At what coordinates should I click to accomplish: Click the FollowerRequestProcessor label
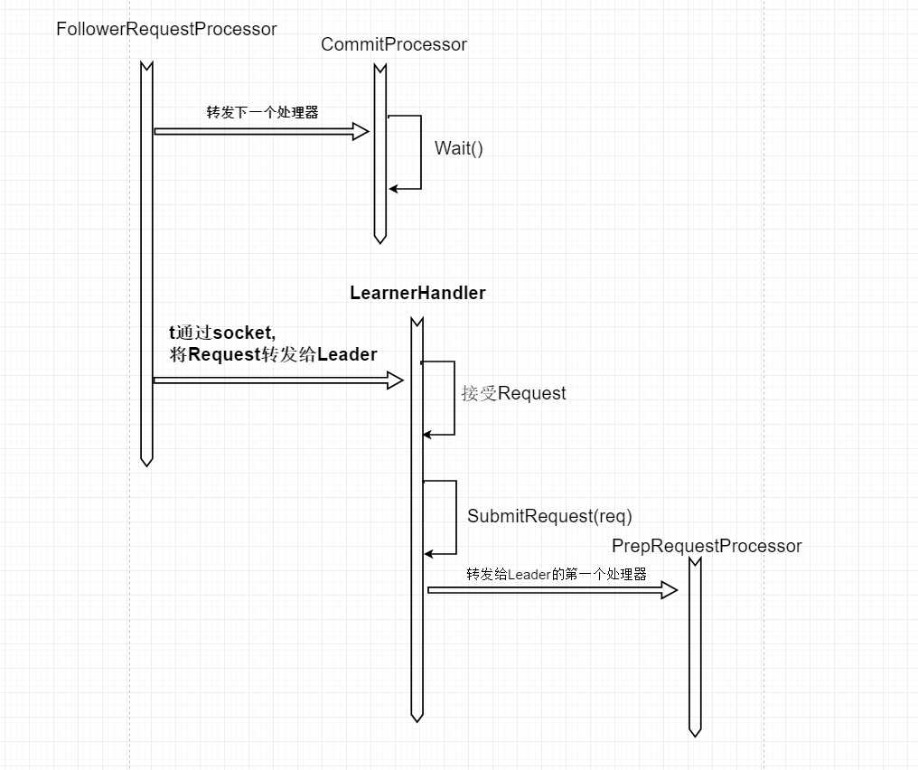166,29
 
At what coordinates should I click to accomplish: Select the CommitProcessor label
394,44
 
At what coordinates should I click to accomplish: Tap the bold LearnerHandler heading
417,293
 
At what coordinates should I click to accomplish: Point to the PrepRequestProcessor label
707,546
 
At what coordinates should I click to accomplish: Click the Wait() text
459,149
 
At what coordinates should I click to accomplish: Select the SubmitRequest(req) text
549,516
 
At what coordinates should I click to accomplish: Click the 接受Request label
513,393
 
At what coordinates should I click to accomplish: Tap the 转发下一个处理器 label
262,113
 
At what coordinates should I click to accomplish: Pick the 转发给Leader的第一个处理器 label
556,574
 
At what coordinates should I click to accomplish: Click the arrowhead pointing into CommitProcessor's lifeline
361,132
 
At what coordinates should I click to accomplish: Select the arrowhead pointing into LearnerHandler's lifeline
395,380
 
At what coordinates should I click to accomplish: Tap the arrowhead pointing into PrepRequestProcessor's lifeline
670,590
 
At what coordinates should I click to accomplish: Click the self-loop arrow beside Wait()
421,152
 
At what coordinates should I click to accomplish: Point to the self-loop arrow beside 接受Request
454,399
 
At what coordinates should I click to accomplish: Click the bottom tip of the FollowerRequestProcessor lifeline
146,462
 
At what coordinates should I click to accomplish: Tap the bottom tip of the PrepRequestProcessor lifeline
695,733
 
